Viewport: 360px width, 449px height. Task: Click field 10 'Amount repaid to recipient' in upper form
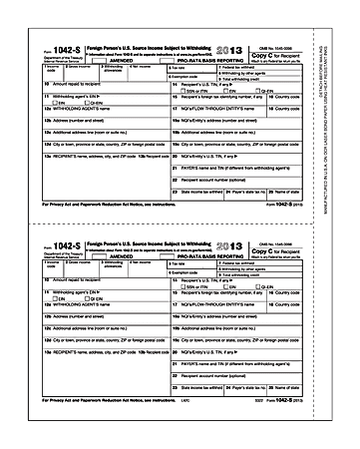(60, 85)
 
